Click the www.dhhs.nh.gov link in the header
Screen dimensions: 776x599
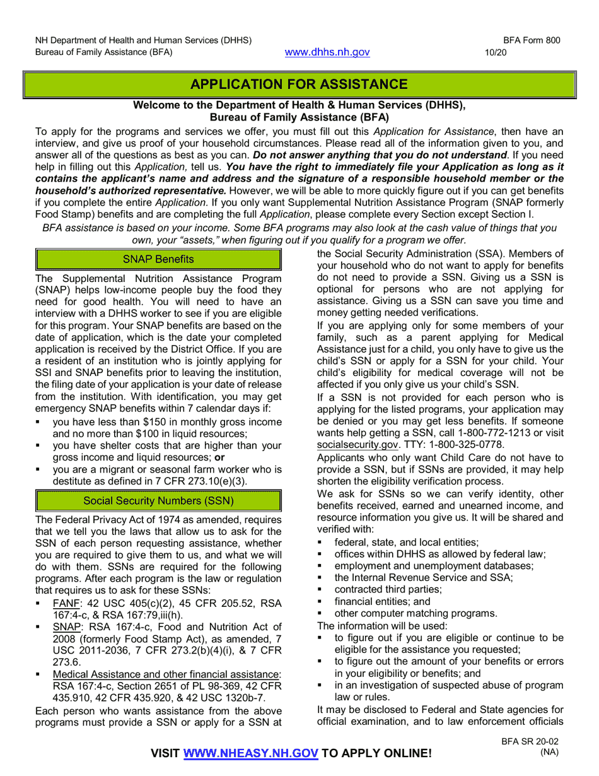[x=327, y=52]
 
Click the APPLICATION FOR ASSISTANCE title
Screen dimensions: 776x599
[x=299, y=85]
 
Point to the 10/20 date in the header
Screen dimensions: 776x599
[x=495, y=53]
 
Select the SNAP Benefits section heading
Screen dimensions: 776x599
[x=158, y=259]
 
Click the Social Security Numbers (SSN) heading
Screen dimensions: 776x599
[x=158, y=501]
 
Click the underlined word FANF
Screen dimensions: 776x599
[x=66, y=603]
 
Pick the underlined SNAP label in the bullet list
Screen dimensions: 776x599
[x=66, y=627]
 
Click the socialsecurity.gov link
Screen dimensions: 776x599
[x=357, y=445]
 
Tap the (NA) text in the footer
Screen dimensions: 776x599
[x=549, y=752]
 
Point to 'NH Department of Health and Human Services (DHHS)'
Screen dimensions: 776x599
[x=143, y=40]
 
